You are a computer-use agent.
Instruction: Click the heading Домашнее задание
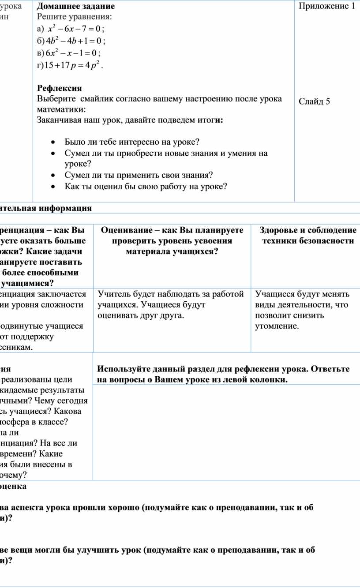coord(76,6)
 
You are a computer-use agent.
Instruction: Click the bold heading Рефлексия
coord(59,87)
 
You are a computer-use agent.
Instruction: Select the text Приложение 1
coord(326,6)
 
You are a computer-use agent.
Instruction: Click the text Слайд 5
coord(314,102)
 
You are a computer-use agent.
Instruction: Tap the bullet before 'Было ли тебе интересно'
coord(53,142)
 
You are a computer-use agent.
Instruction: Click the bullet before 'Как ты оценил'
coord(53,187)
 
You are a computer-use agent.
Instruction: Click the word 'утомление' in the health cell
coord(276,326)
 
